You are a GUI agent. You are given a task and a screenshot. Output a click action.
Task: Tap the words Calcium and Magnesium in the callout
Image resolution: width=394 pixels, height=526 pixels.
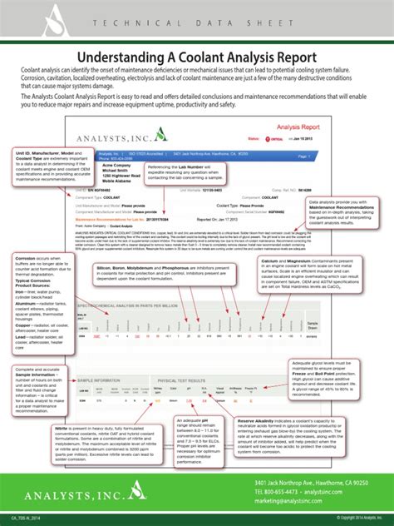click(x=287, y=260)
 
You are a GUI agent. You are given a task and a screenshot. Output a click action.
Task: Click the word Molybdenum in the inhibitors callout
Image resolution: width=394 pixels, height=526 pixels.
click(x=146, y=267)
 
